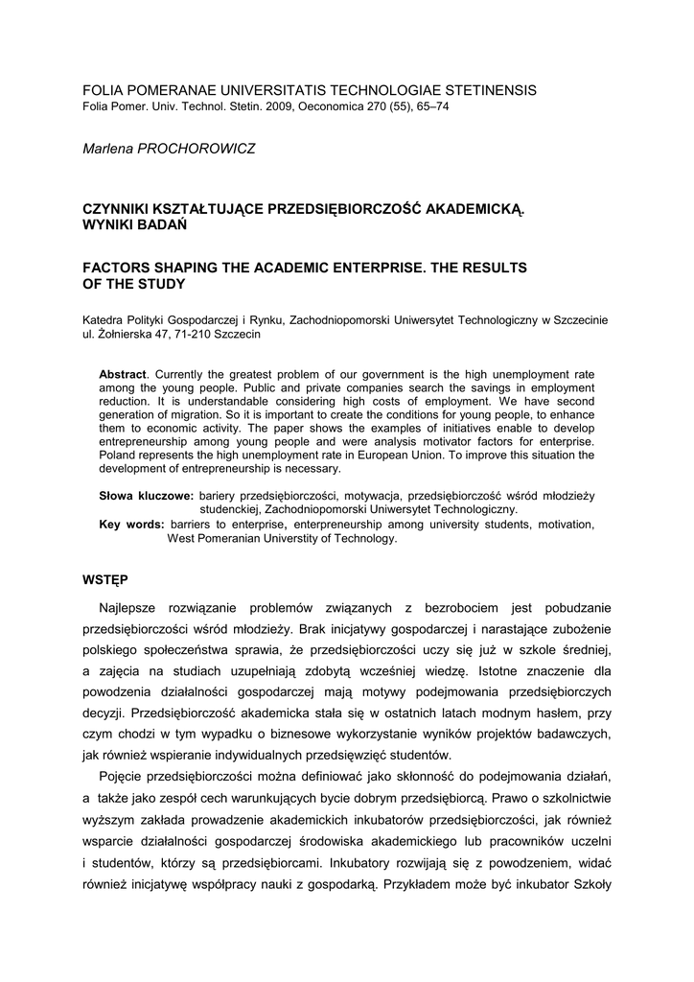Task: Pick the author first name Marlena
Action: click(x=110, y=149)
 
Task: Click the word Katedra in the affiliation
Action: click(x=104, y=319)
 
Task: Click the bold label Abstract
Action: click(x=124, y=373)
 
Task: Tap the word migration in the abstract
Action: click(x=176, y=414)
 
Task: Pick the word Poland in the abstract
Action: click(x=121, y=456)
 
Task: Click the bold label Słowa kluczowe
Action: click(x=147, y=496)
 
